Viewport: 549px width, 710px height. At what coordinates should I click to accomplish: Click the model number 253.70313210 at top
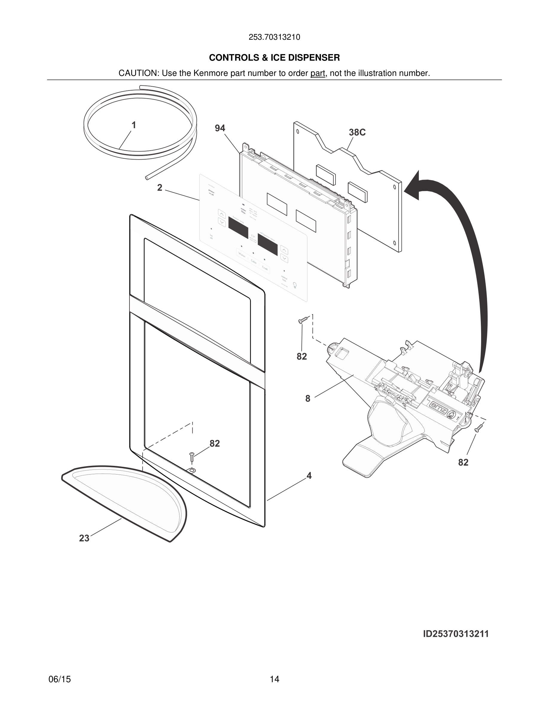click(274, 37)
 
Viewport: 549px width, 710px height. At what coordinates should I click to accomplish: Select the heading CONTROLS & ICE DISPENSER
click(274, 58)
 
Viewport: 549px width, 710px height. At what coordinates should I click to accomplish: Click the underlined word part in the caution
click(318, 74)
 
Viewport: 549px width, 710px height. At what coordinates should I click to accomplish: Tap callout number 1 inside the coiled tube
click(134, 125)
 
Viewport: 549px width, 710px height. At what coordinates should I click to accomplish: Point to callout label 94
click(220, 128)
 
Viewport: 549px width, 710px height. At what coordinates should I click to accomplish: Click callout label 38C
click(357, 133)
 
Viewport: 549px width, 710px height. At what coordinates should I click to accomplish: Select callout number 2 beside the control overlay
click(160, 188)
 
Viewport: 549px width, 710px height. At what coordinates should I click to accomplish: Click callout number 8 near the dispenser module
click(308, 399)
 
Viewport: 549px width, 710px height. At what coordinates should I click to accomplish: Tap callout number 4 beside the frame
click(309, 476)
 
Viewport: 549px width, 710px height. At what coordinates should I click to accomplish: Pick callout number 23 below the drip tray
click(84, 538)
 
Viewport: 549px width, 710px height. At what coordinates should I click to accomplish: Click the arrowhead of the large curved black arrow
click(414, 188)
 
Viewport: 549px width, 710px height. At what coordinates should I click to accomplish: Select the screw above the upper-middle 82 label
click(303, 320)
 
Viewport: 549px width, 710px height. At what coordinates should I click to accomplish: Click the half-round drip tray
click(130, 498)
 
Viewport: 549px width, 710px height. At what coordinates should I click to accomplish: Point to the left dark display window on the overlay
click(238, 228)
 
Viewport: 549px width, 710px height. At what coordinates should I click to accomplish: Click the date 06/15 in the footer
click(60, 679)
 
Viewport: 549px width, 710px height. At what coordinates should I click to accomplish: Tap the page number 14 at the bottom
click(274, 679)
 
